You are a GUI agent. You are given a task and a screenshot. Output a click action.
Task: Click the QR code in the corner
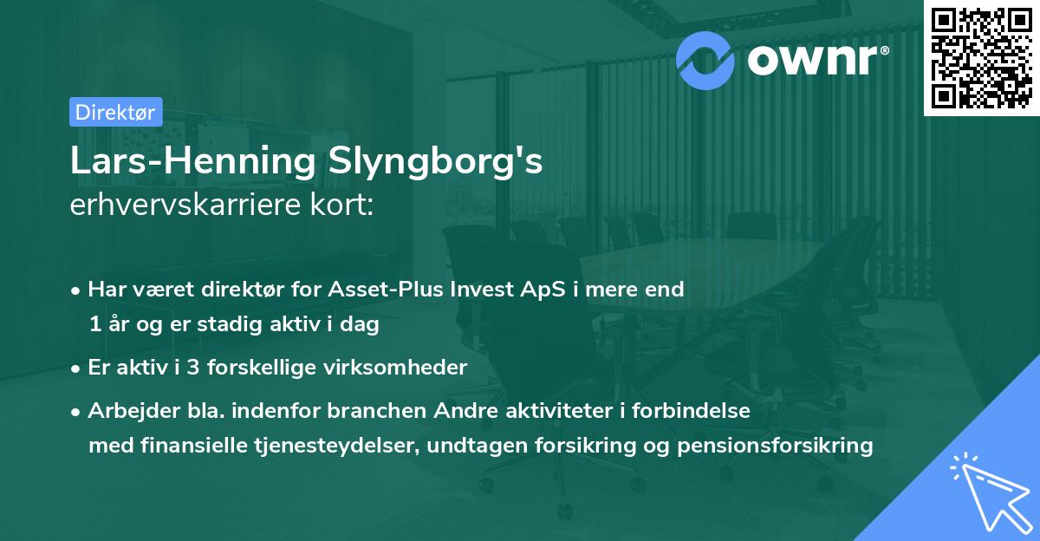point(982,57)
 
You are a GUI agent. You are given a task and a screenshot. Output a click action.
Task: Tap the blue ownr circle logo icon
point(705,58)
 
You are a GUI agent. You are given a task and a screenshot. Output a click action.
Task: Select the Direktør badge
point(116,112)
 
